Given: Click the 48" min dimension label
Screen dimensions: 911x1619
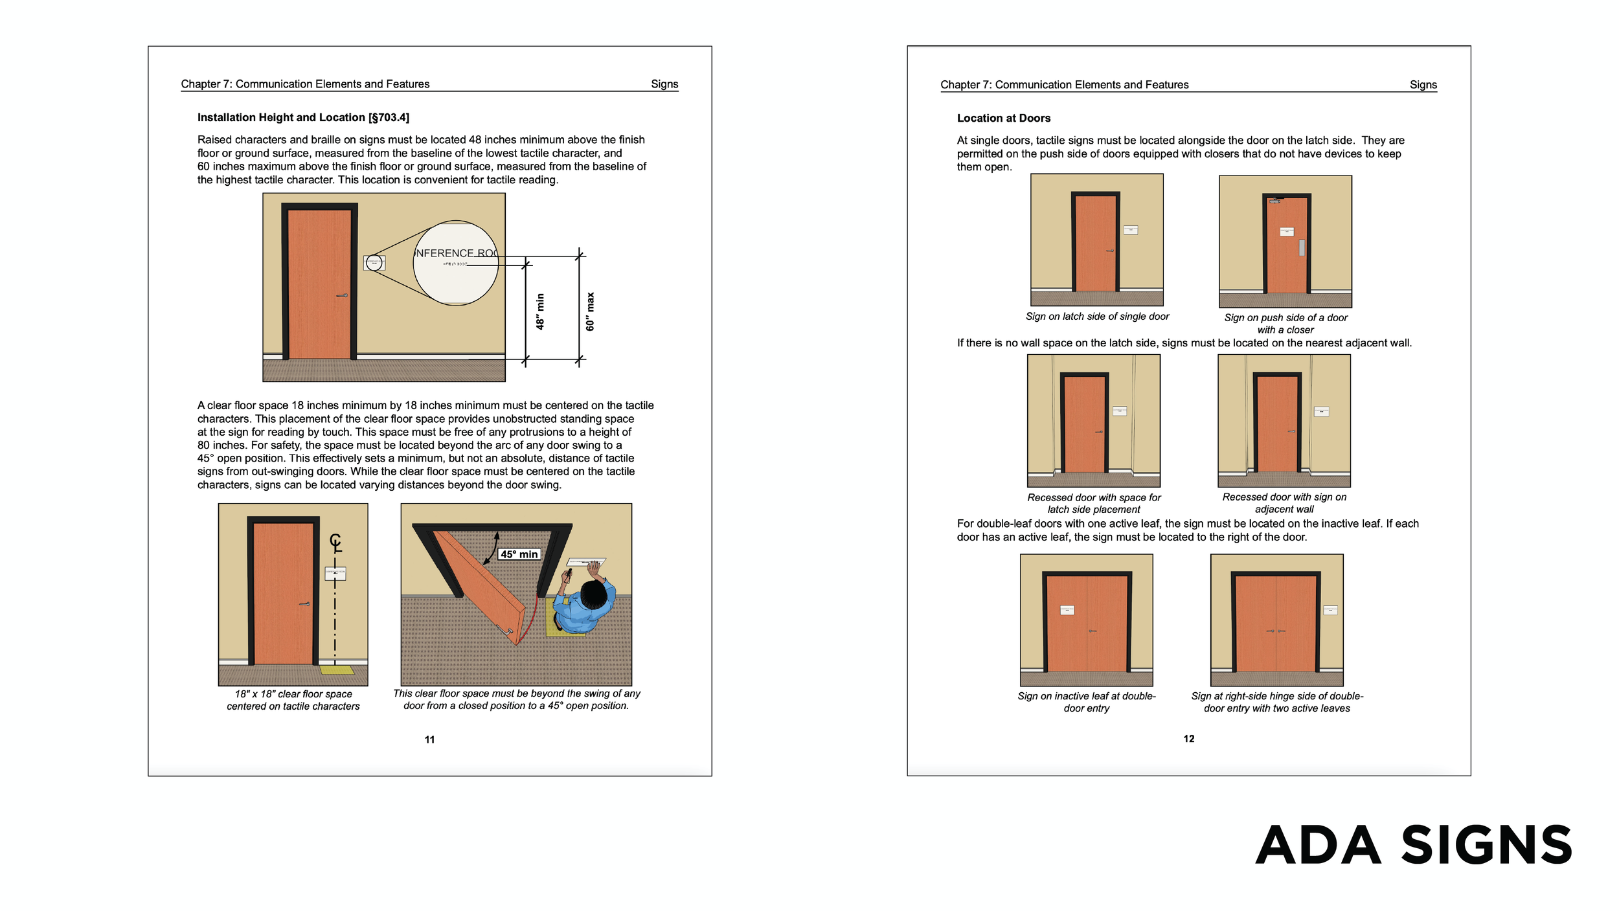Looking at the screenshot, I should (540, 311).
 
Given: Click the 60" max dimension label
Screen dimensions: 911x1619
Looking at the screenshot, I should (590, 311).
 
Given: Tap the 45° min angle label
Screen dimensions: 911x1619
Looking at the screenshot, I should (519, 554).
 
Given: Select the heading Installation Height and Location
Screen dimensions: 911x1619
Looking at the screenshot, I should (303, 117).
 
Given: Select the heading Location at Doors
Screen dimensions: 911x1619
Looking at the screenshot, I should (1003, 118).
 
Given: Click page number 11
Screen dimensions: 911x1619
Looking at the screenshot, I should (429, 739).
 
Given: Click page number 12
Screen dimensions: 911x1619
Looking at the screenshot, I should (1188, 739).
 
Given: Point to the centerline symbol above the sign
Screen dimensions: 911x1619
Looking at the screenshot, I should (335, 541).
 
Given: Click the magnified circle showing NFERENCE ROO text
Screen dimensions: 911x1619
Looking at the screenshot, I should (455, 262).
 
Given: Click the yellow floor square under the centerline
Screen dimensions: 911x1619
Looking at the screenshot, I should (337, 670).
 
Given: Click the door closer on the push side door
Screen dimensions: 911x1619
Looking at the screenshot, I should (1275, 201).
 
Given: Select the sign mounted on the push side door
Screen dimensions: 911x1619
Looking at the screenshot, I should (1286, 232).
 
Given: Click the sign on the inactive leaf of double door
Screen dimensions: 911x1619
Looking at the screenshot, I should (1067, 610).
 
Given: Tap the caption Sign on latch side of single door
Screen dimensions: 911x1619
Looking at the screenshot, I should (1097, 317).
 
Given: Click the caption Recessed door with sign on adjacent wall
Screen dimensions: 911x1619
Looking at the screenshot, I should (1284, 503).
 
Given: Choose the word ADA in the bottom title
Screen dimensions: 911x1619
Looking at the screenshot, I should (1318, 846).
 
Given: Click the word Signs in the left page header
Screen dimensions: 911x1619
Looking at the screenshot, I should (664, 84).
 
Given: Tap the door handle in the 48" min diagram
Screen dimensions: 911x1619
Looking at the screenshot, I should (342, 296).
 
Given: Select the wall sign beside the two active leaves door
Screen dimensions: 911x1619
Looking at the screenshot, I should (1330, 610).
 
